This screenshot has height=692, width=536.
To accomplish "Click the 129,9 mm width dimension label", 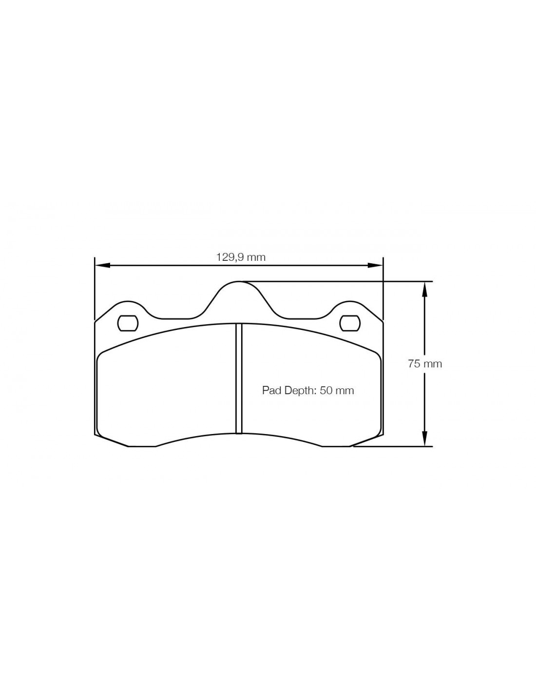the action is point(241,257).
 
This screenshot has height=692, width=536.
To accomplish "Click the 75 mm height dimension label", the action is point(425,364).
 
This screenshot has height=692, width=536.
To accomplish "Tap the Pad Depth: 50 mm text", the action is point(308,390).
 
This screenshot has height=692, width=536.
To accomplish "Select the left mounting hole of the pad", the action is point(128,324).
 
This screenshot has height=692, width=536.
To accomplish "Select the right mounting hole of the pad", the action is point(350,324).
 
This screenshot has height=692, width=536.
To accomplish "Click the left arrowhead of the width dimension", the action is point(103,265).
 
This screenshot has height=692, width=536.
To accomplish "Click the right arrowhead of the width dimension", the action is point(375,265).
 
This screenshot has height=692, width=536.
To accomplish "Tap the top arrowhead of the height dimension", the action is point(424,289).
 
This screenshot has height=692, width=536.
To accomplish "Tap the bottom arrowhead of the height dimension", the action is point(424,439).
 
